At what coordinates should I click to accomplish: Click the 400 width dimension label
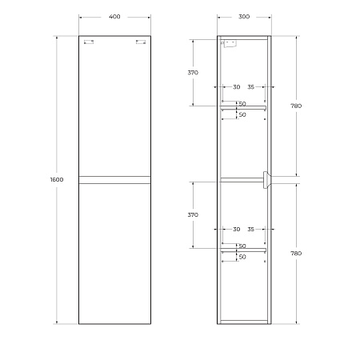click(x=114, y=16)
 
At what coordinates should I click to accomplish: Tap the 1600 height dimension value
click(x=57, y=179)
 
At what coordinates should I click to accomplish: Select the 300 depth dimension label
click(x=244, y=16)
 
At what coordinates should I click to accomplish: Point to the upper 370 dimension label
click(x=193, y=73)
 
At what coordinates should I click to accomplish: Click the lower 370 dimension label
click(x=193, y=214)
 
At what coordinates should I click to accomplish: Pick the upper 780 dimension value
click(x=296, y=106)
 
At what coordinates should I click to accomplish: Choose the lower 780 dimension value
click(x=296, y=253)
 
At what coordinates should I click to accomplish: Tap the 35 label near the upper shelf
click(x=251, y=86)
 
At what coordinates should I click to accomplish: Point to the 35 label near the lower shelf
click(x=251, y=229)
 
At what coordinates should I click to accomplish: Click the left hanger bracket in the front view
click(x=89, y=42)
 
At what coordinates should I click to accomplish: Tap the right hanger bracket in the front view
click(x=141, y=42)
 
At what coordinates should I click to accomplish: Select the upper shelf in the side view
click(x=242, y=108)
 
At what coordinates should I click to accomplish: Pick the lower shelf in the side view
click(x=242, y=250)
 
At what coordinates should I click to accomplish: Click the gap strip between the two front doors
click(x=114, y=179)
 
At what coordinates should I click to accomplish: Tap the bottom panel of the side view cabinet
click(x=244, y=322)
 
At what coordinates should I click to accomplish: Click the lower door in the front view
click(x=114, y=253)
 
